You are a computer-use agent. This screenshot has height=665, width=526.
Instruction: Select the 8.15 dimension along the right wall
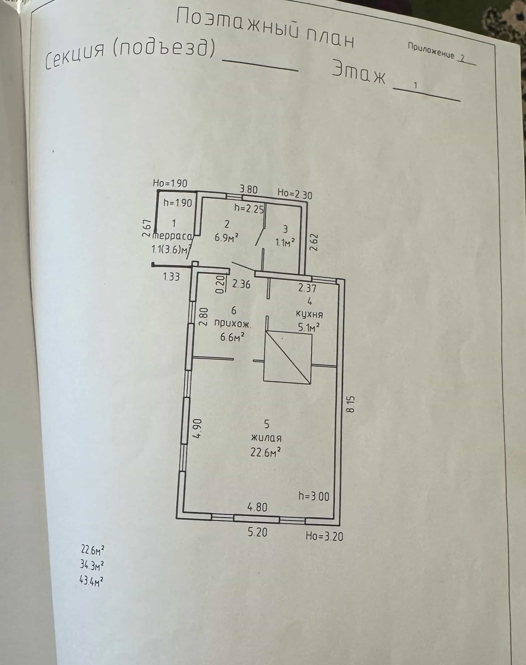point(351,404)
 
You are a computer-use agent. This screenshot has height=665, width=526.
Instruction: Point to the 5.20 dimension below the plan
point(257,532)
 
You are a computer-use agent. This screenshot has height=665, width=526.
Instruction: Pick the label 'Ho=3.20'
point(324,536)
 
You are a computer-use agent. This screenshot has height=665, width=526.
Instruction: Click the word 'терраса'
point(173,236)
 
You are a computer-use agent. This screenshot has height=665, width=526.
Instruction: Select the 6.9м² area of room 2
point(226,237)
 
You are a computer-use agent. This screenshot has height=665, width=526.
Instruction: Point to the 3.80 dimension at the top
point(248,189)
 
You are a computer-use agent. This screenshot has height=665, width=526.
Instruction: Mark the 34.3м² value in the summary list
point(92,565)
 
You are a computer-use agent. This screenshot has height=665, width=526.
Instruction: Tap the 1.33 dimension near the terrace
point(171,276)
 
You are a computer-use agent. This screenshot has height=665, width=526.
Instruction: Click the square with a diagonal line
point(288,357)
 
